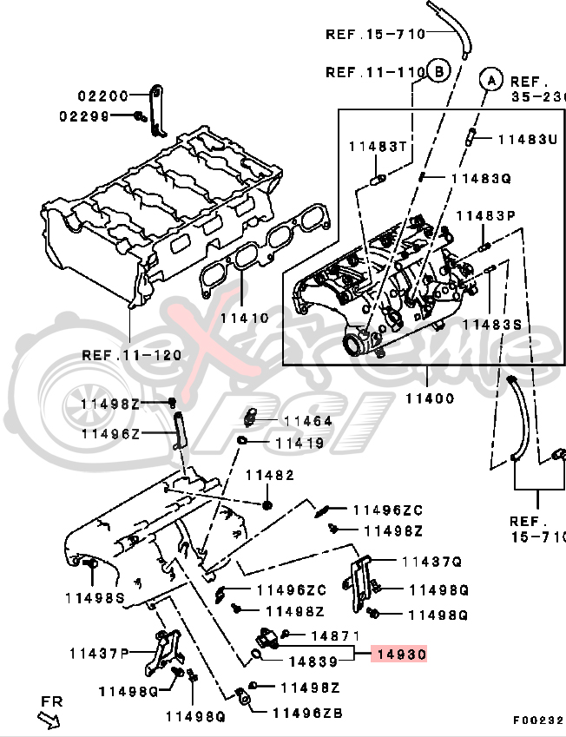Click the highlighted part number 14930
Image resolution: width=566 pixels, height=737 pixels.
point(399,655)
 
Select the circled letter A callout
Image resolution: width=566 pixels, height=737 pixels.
point(491,80)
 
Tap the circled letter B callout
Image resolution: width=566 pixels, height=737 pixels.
point(438,71)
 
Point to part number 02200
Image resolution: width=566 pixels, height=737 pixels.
point(102,96)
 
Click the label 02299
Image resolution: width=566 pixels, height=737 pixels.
point(83,115)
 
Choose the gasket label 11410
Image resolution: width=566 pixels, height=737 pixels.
point(244,318)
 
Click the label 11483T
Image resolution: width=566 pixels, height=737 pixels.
point(378,146)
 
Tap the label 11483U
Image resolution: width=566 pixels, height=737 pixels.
point(526,139)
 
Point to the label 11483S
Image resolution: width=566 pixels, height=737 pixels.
point(491,324)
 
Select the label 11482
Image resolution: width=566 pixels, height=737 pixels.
point(269,475)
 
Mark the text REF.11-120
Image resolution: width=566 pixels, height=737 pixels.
point(132,354)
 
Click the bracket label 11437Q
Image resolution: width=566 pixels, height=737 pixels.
point(431,562)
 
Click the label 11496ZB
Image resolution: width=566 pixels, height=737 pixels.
point(307,713)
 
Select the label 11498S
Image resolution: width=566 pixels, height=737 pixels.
point(95,597)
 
